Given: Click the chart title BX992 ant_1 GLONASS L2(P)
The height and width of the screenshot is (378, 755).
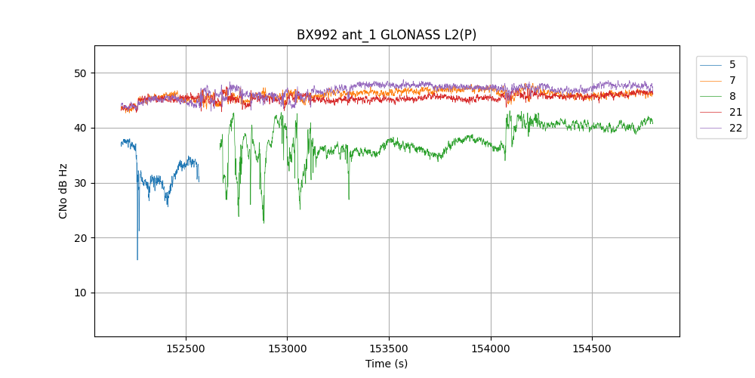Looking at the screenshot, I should click(x=387, y=35).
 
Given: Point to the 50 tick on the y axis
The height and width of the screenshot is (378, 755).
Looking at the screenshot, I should click(x=80, y=73).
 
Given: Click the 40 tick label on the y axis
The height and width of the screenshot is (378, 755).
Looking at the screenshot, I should click(x=80, y=128).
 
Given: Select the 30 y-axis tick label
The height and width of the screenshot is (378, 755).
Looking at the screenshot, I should click(x=80, y=183).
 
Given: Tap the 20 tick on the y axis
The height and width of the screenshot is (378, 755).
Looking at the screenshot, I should click(x=80, y=238).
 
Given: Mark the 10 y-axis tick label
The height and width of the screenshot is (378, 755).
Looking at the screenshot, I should click(x=80, y=293).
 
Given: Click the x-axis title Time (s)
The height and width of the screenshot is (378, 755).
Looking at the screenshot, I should click(x=387, y=364).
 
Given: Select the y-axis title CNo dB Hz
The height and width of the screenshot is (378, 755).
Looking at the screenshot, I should click(x=63, y=191).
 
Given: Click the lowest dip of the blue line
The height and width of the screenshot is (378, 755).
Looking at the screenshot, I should click(x=137, y=259).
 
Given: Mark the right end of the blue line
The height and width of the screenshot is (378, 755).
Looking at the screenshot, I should click(x=199, y=180).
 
